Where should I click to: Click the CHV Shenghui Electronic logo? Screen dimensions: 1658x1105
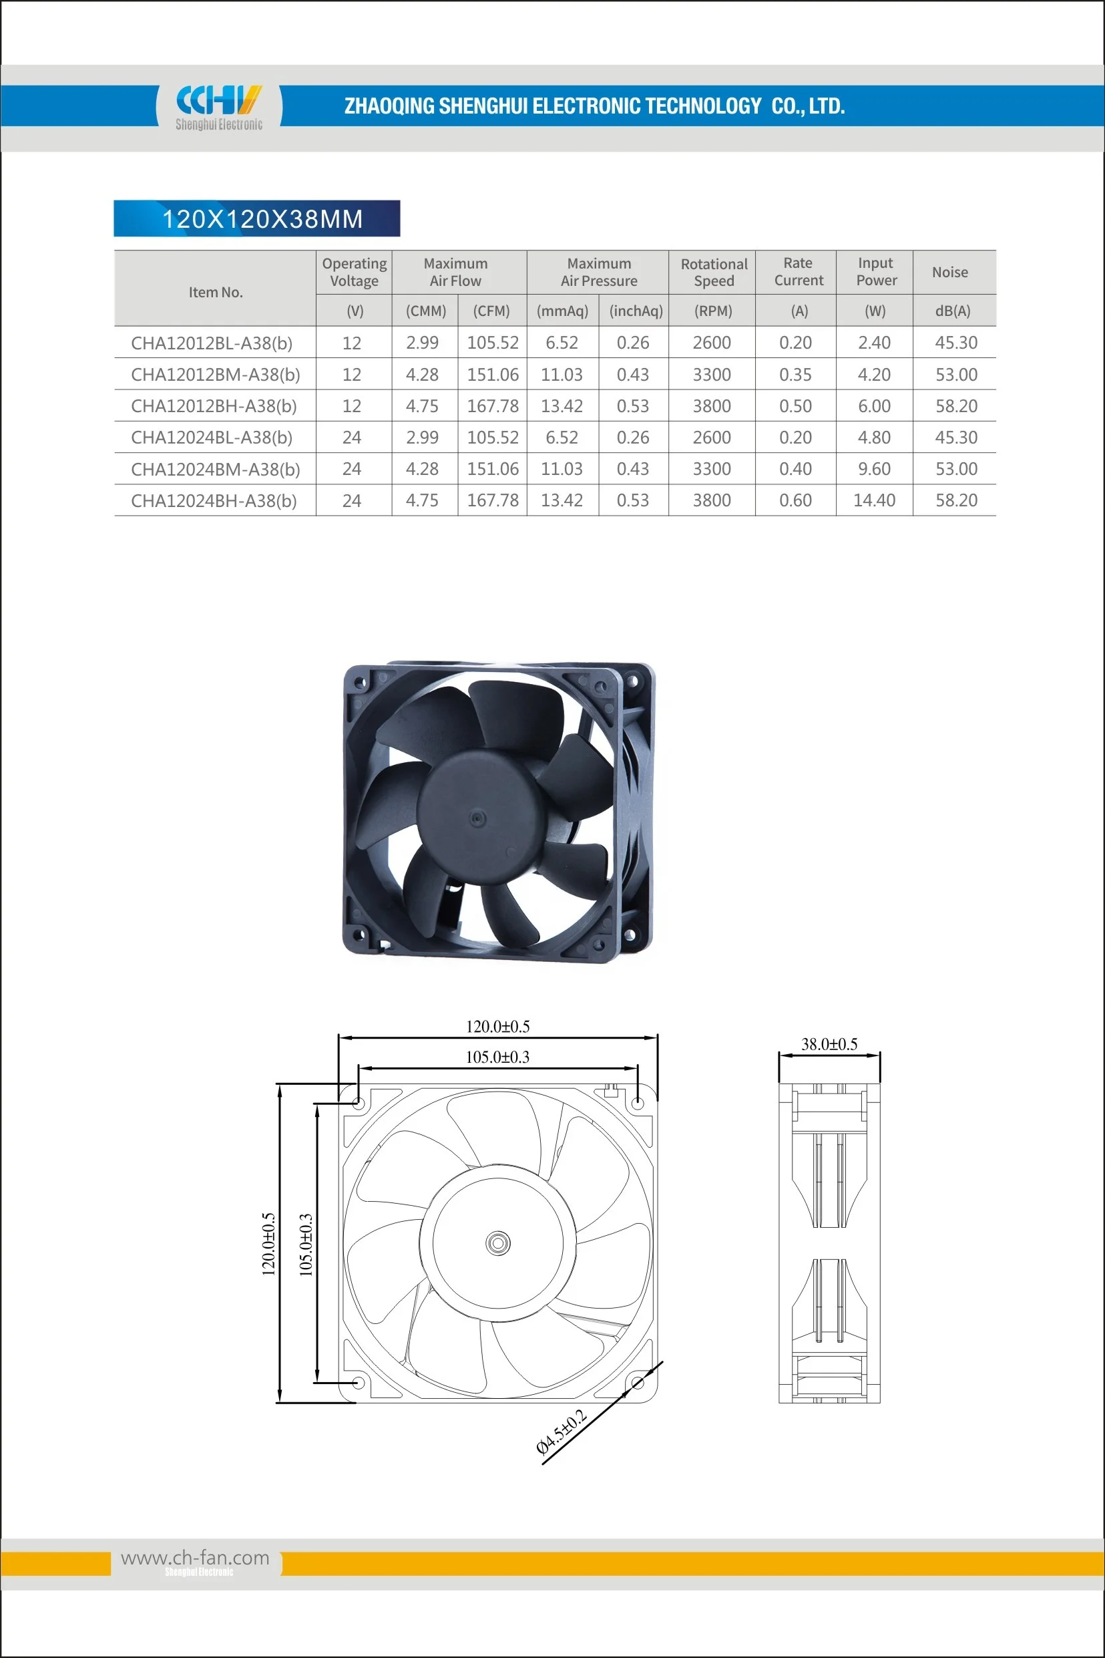click(x=218, y=107)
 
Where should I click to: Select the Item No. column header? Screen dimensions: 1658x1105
click(x=216, y=292)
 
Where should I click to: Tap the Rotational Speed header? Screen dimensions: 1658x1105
click(x=713, y=272)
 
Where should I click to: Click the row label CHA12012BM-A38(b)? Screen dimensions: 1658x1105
click(x=216, y=374)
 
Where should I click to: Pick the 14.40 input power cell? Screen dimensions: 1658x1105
click(x=874, y=500)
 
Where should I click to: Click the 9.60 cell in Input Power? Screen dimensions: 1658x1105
click(x=874, y=469)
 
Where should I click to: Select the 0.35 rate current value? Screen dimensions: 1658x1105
click(x=795, y=374)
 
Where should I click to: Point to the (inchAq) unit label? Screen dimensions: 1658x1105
click(x=636, y=311)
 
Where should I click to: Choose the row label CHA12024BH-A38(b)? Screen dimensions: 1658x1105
click(x=214, y=500)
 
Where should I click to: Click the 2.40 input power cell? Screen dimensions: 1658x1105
click(x=874, y=343)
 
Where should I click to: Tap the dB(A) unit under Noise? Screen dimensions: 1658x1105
click(x=953, y=311)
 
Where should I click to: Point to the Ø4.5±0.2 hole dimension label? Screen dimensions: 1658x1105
click(x=561, y=1432)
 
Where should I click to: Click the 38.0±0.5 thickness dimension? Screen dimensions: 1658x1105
click(x=829, y=1044)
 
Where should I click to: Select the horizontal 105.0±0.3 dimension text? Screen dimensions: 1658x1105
click(x=497, y=1057)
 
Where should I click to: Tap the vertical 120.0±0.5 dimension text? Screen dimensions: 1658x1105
click(x=268, y=1245)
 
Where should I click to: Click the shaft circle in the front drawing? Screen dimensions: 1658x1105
click(x=498, y=1242)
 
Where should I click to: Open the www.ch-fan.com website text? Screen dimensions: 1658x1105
click(x=195, y=1557)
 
